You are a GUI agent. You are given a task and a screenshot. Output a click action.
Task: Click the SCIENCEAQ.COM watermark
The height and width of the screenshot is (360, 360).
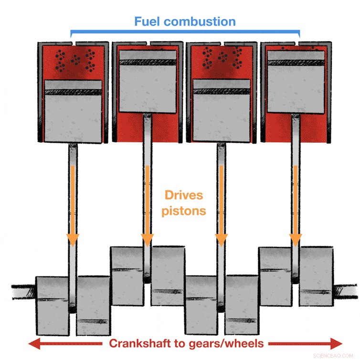pyautogui.click(x=335, y=355)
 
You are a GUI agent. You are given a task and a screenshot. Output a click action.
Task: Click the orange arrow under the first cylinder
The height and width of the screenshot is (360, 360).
pyautogui.click(x=72, y=205)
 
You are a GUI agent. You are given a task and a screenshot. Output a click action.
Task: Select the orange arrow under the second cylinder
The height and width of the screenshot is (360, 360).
pyautogui.click(x=147, y=205)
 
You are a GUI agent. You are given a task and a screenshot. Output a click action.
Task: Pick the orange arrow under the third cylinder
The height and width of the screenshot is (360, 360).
pyautogui.click(x=221, y=205)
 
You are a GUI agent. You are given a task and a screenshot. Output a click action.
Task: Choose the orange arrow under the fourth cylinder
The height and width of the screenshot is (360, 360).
pyautogui.click(x=296, y=205)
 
